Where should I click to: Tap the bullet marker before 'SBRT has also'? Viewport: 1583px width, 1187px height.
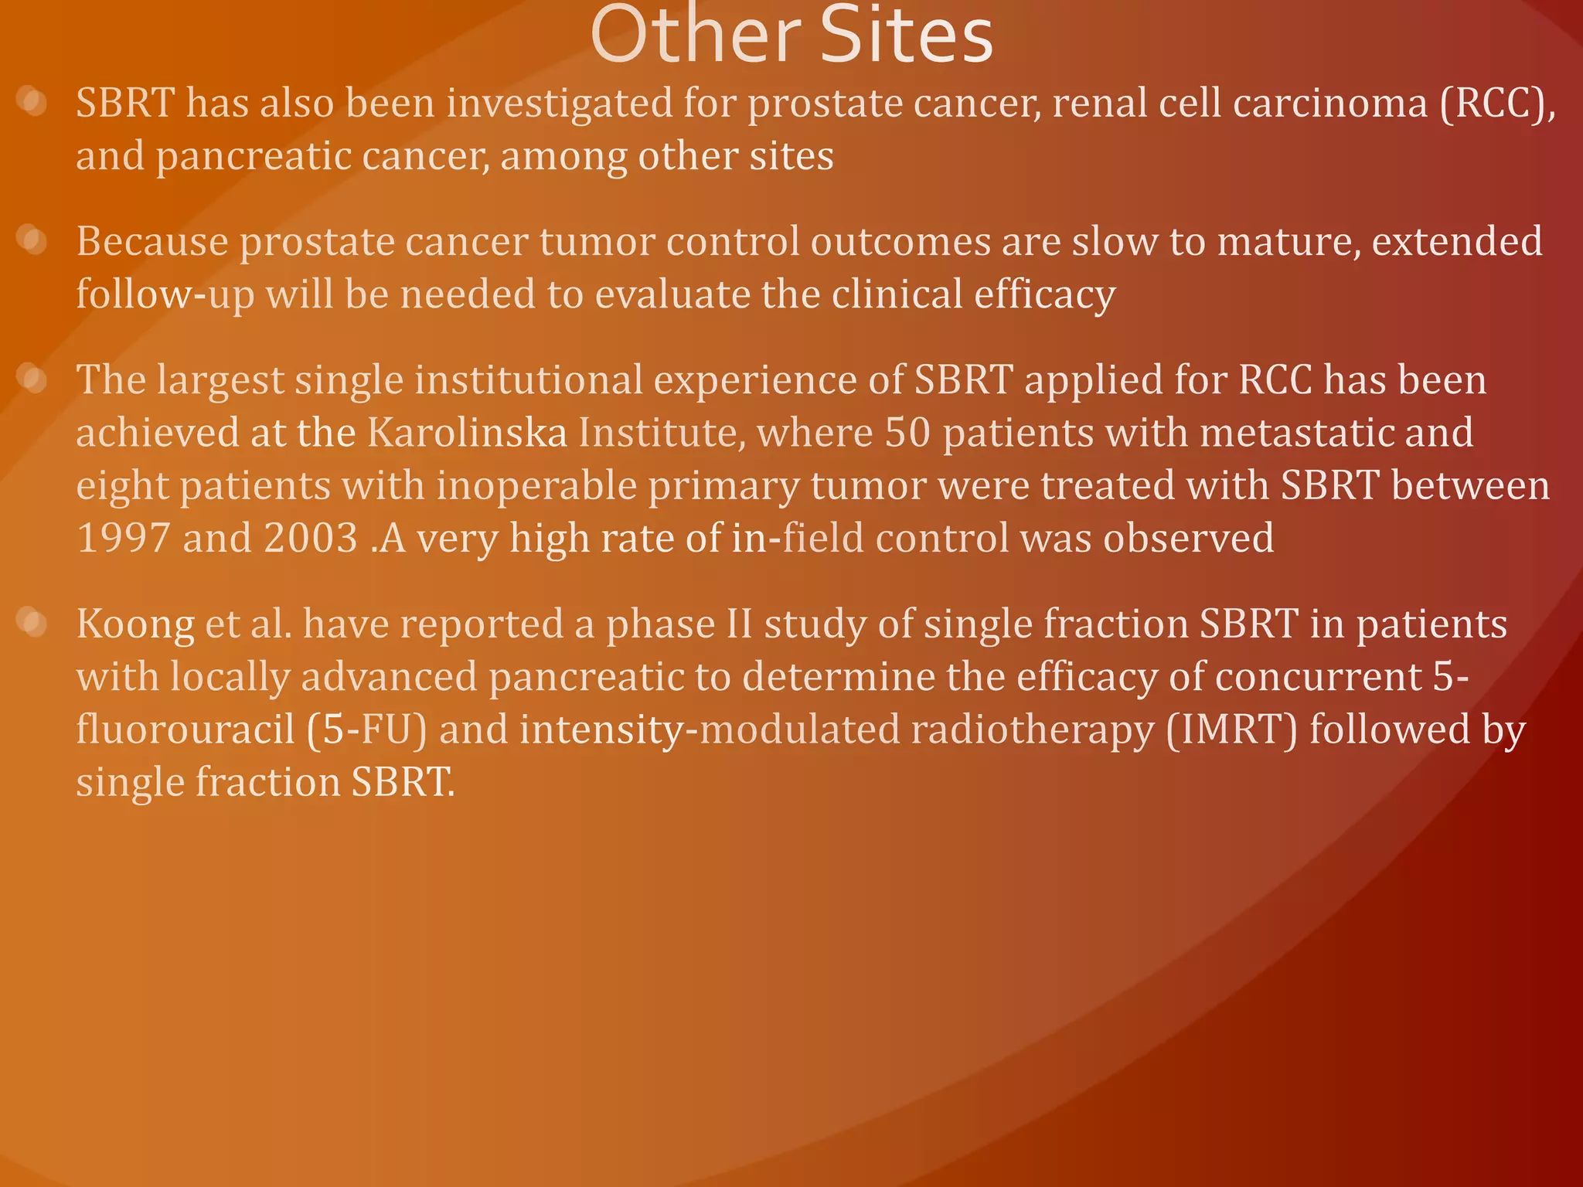[x=33, y=102]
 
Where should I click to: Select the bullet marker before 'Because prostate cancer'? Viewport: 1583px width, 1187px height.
[x=33, y=240]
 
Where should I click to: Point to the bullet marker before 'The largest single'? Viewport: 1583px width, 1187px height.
[x=33, y=379]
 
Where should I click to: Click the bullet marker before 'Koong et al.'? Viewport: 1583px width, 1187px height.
[x=33, y=623]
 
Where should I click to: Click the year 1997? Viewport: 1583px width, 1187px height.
[x=124, y=538]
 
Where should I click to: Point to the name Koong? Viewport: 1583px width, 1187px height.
[x=135, y=624]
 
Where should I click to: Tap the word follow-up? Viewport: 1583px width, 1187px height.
[x=165, y=295]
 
